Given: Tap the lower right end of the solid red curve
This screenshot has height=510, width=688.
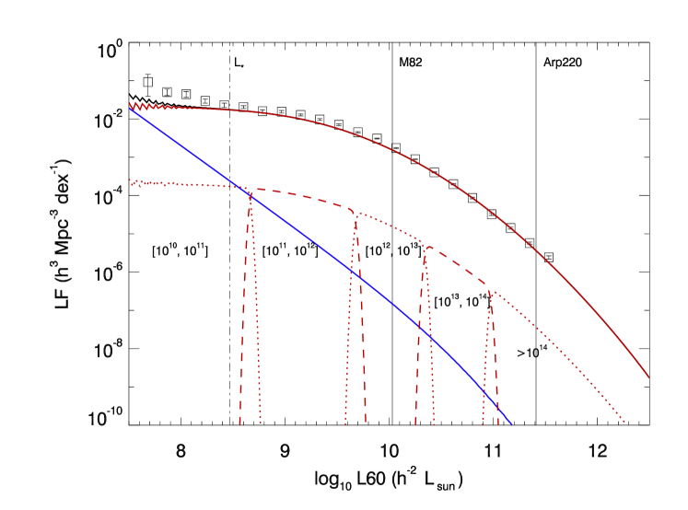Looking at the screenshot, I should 648,377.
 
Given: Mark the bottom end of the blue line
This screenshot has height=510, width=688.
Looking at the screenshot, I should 510,423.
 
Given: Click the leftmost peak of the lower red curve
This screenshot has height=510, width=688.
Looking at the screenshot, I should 250,191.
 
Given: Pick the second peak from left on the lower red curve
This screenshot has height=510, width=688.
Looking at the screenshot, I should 356,214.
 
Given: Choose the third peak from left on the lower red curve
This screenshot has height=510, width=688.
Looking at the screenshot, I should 424,246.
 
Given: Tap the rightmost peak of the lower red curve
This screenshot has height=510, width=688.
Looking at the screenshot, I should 490,293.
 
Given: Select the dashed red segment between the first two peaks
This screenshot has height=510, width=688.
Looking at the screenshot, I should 304,196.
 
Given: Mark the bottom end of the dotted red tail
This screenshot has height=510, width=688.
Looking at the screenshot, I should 626,423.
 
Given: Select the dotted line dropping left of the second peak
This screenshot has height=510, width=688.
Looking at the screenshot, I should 349,322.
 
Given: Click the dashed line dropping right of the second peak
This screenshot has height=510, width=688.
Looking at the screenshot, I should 362,322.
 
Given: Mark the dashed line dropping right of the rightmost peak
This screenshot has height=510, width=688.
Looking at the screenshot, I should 496,368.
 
